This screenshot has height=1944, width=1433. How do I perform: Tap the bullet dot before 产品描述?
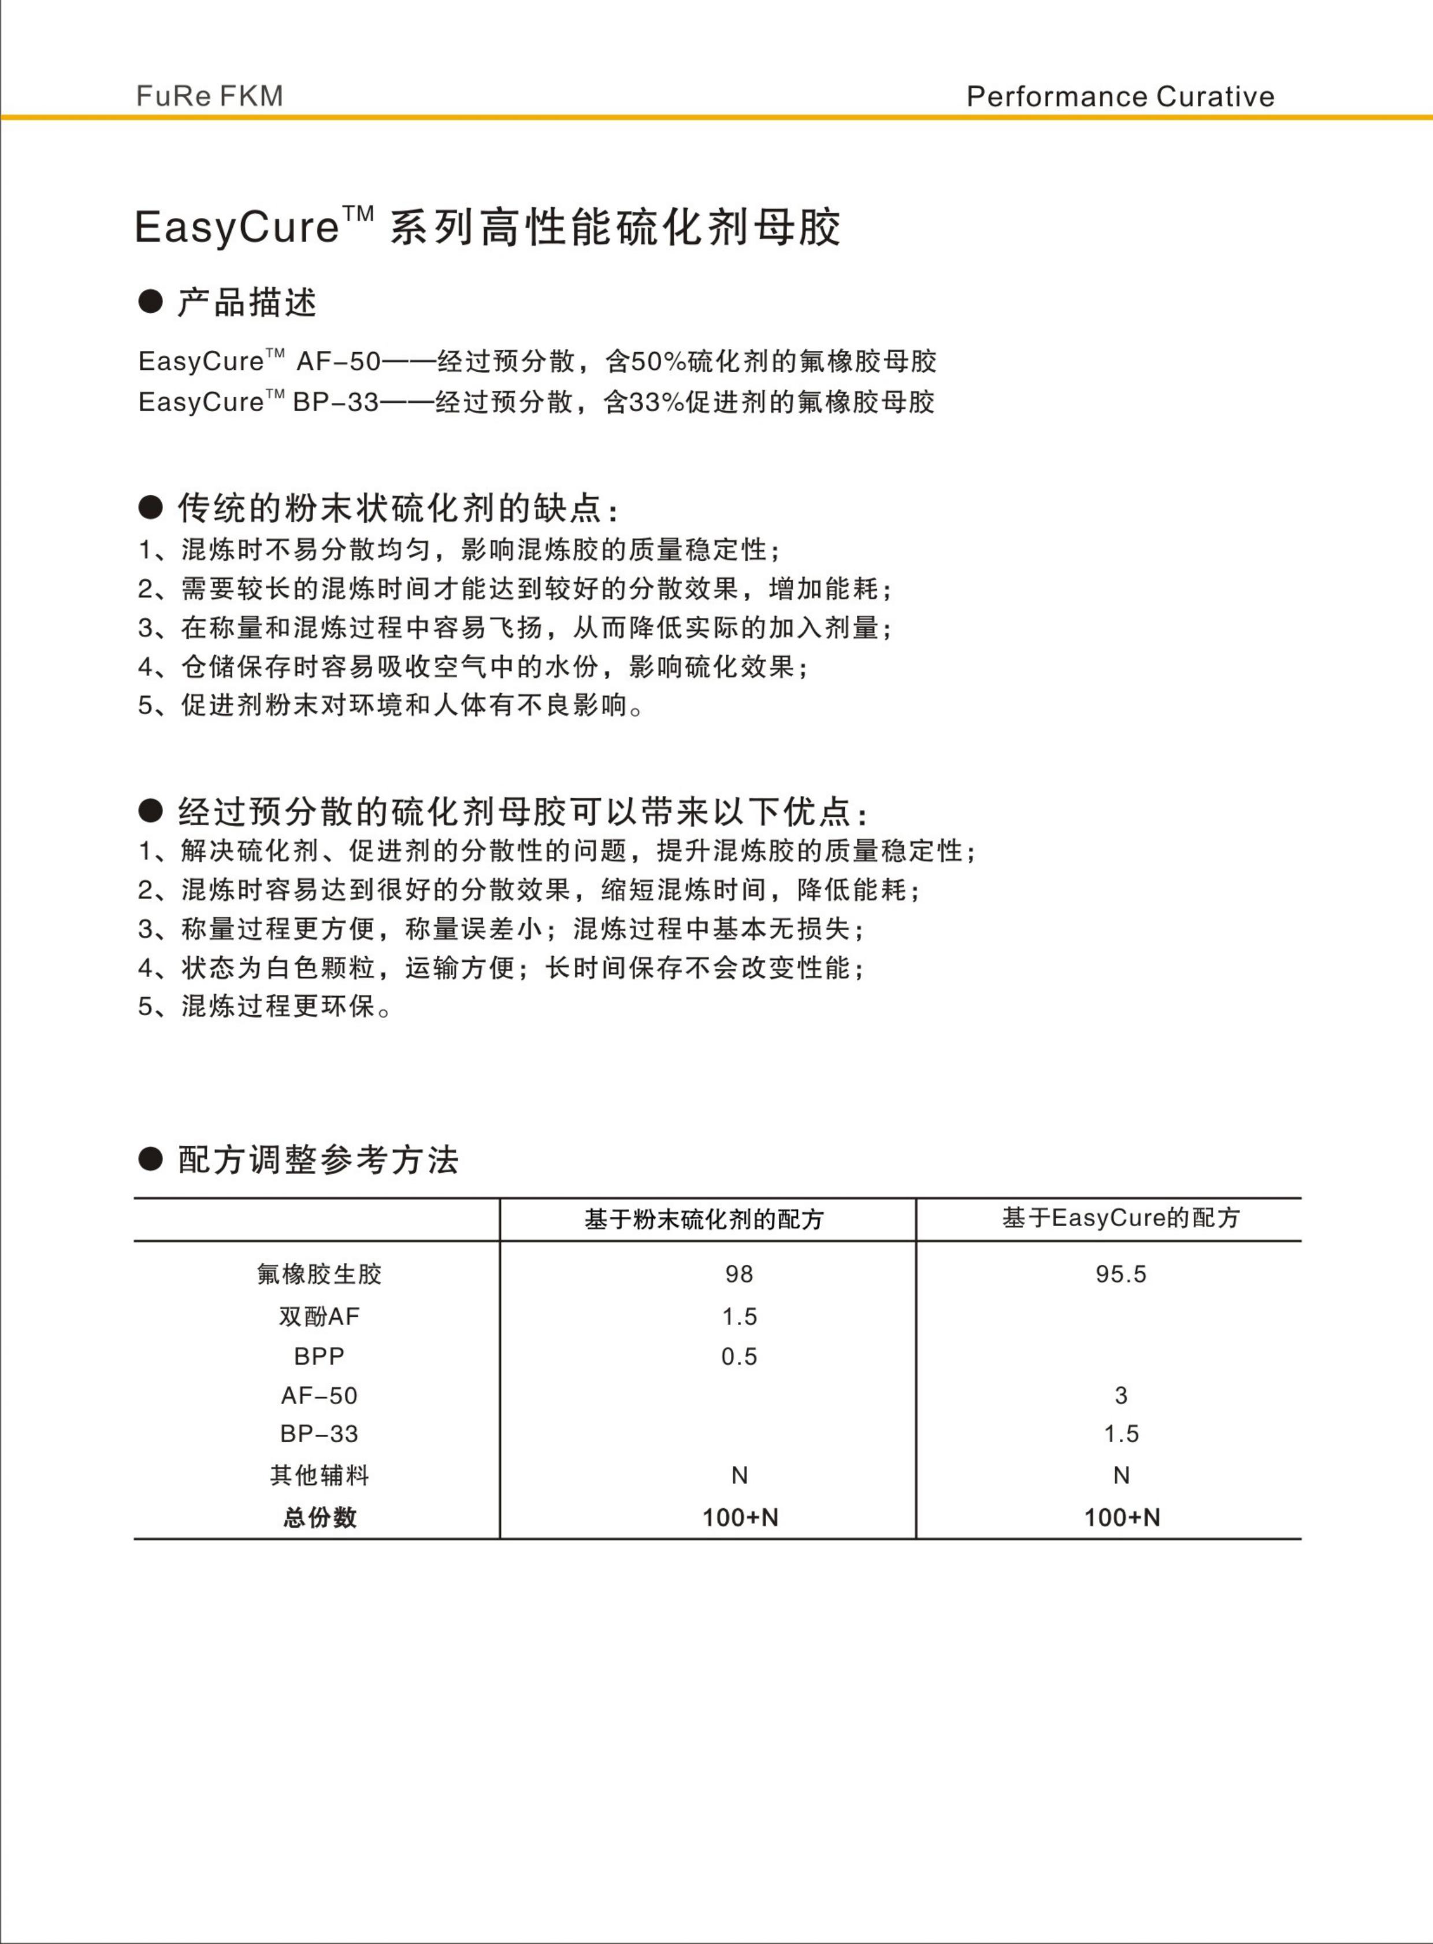click(x=150, y=301)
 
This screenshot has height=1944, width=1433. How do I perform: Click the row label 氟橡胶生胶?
click(x=319, y=1274)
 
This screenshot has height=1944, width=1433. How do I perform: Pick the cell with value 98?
click(x=739, y=1274)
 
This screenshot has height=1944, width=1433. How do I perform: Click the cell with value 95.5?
click(x=1121, y=1274)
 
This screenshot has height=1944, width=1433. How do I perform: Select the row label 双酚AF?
click(x=319, y=1317)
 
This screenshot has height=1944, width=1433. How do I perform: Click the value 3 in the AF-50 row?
click(x=1121, y=1395)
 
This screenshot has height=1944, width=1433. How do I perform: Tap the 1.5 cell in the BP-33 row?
click(x=1121, y=1434)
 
